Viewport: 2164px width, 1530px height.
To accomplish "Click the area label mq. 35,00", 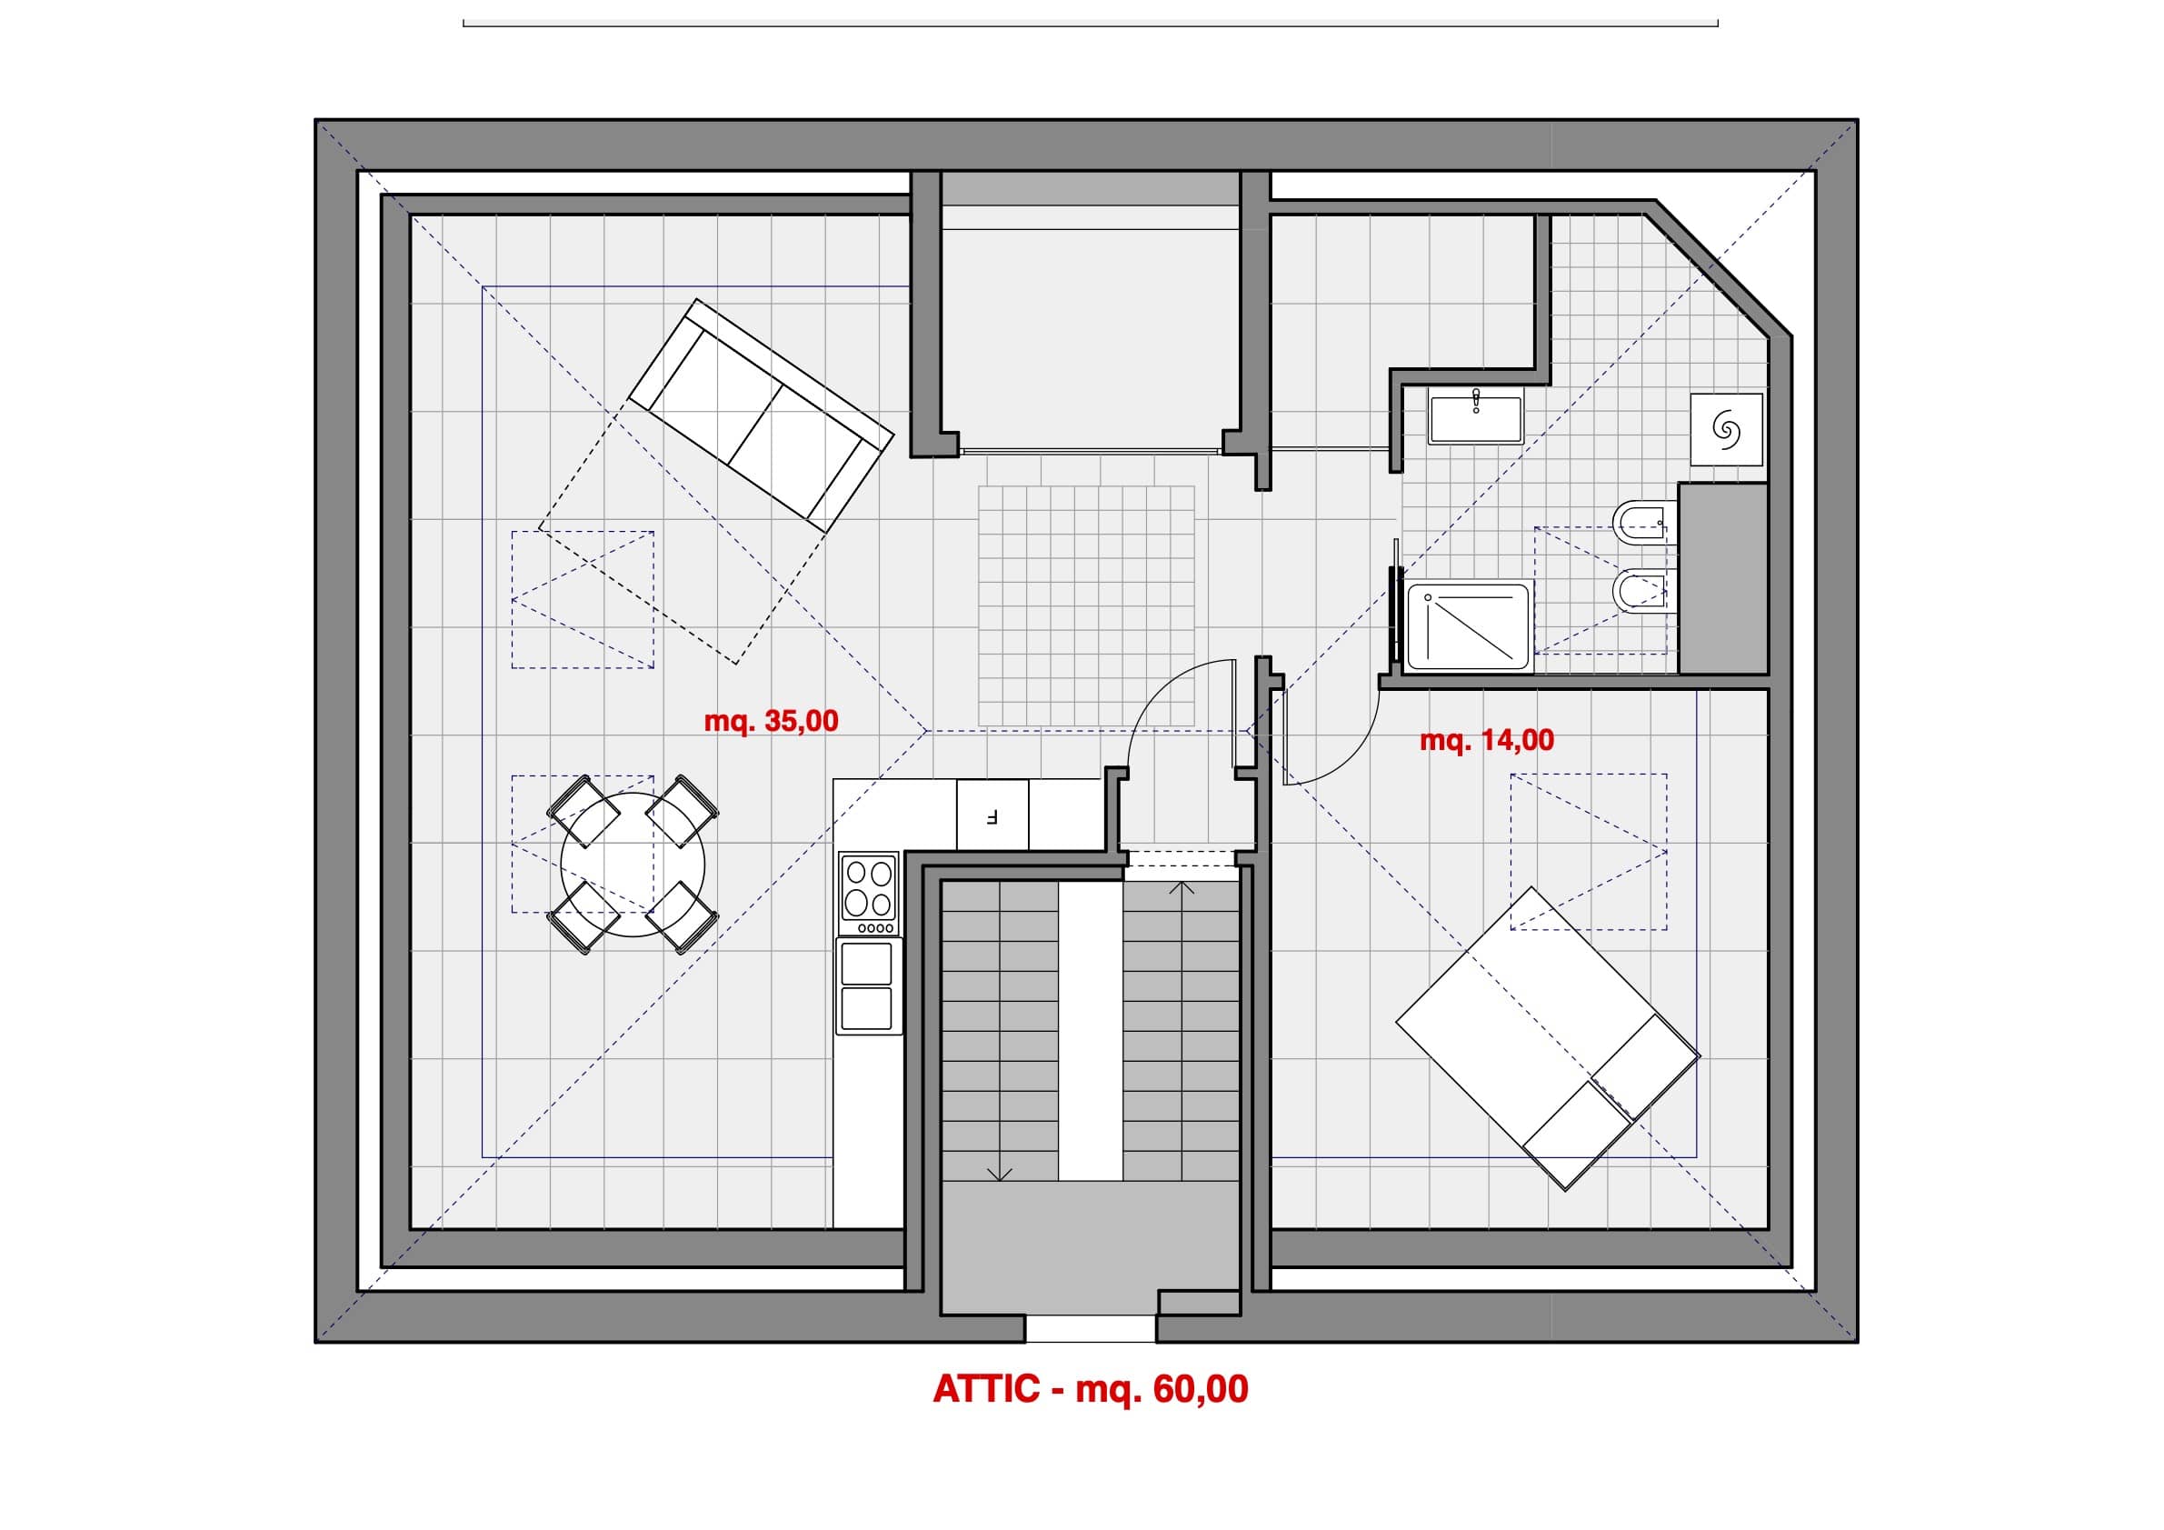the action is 770,721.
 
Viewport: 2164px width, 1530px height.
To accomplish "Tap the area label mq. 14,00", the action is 1486,740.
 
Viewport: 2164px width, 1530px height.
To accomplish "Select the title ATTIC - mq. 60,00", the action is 1091,1388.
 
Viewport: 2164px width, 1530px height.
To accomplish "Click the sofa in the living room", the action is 761,415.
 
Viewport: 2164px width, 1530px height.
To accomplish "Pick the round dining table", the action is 633,865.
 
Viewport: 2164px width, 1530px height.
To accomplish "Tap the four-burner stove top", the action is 868,895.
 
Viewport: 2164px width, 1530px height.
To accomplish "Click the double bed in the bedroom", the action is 1547,1038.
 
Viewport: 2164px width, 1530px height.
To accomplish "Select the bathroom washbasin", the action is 1475,419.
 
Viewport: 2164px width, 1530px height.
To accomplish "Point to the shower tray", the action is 1468,627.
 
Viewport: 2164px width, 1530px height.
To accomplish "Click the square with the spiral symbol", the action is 1726,430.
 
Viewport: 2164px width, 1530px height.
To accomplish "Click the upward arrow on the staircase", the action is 1181,889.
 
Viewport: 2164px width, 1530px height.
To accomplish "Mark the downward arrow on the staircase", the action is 1000,1172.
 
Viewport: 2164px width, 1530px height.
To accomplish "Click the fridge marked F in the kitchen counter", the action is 992,815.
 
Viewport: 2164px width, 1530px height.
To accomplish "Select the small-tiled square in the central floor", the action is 1087,606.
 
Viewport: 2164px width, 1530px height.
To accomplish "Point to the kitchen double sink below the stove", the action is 867,986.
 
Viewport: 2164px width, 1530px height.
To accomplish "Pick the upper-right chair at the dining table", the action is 683,810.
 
